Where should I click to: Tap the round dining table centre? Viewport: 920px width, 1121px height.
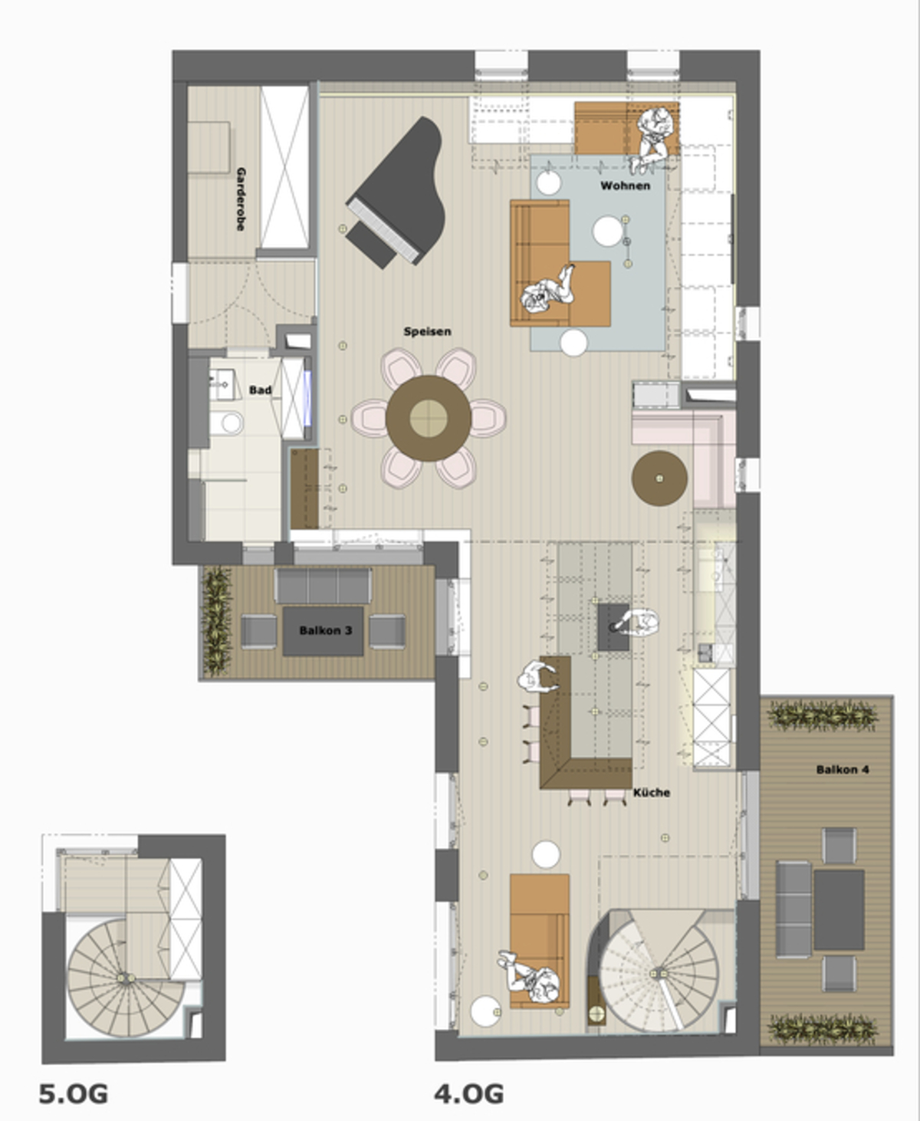[428, 418]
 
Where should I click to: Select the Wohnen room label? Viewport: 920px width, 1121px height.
[625, 186]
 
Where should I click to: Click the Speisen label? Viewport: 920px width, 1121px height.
[427, 331]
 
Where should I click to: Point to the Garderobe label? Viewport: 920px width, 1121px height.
[241, 199]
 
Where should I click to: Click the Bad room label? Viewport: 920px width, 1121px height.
[260, 390]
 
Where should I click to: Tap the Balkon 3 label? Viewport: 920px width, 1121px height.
[325, 630]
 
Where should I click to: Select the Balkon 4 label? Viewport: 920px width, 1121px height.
[842, 769]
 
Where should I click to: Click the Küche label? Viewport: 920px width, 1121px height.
[651, 792]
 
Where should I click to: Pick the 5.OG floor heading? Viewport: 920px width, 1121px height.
[74, 1093]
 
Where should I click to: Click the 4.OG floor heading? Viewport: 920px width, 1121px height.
[469, 1093]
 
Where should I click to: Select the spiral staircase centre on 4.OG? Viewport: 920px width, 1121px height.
[658, 972]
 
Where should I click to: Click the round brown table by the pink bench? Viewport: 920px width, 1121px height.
[659, 478]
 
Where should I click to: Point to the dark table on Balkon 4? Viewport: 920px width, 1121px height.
[839, 909]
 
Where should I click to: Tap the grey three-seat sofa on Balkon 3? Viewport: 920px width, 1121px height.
[323, 585]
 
